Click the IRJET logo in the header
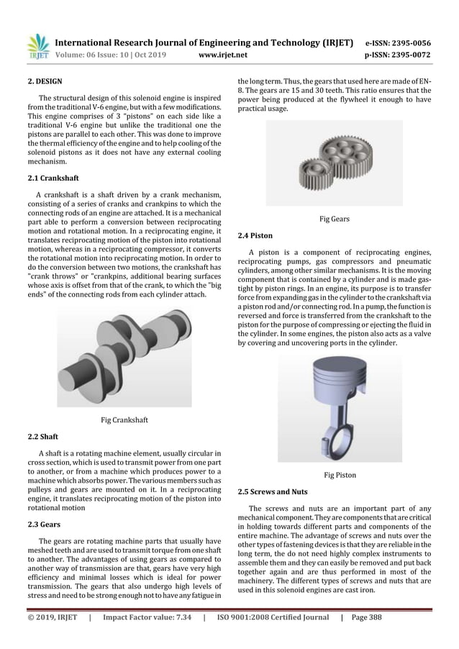pyautogui.click(x=37, y=46)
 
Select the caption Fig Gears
pyautogui.click(x=334, y=218)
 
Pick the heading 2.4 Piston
pyautogui.click(x=255, y=235)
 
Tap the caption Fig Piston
pyautogui.click(x=340, y=475)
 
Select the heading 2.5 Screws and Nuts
pyautogui.click(x=273, y=491)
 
